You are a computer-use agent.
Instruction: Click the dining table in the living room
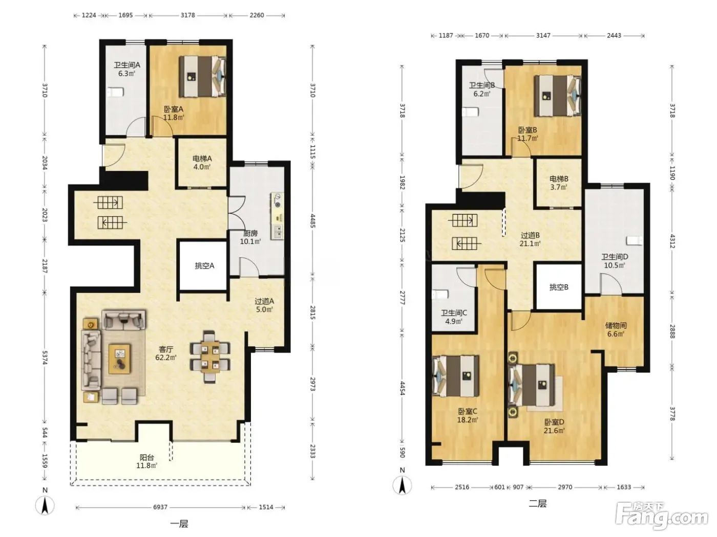(209, 356)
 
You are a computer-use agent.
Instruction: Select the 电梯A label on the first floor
(202, 159)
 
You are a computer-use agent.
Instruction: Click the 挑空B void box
(559, 287)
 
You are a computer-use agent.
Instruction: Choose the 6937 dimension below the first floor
(160, 507)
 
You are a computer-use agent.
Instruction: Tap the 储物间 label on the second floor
(616, 325)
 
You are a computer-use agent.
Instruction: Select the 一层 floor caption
(179, 524)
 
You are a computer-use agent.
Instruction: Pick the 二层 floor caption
(537, 503)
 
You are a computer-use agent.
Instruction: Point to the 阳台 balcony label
(146, 457)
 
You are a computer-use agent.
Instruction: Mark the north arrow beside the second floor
(402, 485)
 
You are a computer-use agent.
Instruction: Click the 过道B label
(530, 235)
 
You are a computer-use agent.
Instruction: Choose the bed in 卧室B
(558, 96)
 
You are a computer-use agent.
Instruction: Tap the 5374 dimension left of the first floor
(45, 357)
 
